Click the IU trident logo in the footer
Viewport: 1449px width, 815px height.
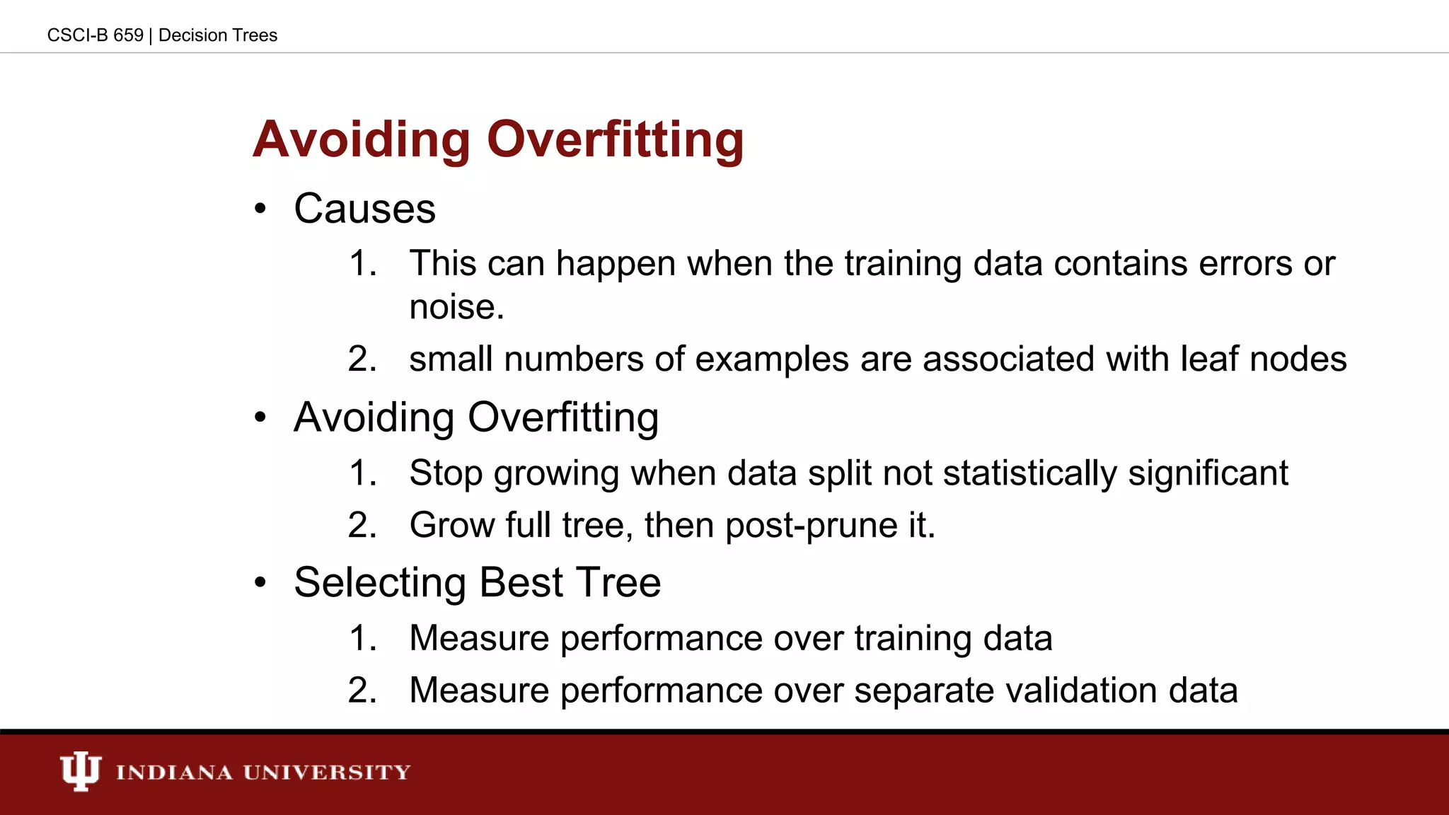[x=80, y=771]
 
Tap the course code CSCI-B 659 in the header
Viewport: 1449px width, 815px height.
[x=95, y=35]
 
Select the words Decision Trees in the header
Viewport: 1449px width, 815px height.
[x=218, y=35]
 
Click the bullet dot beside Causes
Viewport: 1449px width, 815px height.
[x=260, y=209]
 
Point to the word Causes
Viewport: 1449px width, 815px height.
[x=364, y=209]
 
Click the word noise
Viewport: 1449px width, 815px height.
[x=456, y=307]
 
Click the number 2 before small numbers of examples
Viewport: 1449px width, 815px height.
[x=360, y=359]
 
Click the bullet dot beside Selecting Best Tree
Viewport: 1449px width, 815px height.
[x=260, y=583]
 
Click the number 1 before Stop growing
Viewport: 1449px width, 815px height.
[x=361, y=473]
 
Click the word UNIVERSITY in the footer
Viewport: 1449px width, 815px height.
[x=327, y=772]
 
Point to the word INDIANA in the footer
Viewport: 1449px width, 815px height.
[x=174, y=772]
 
